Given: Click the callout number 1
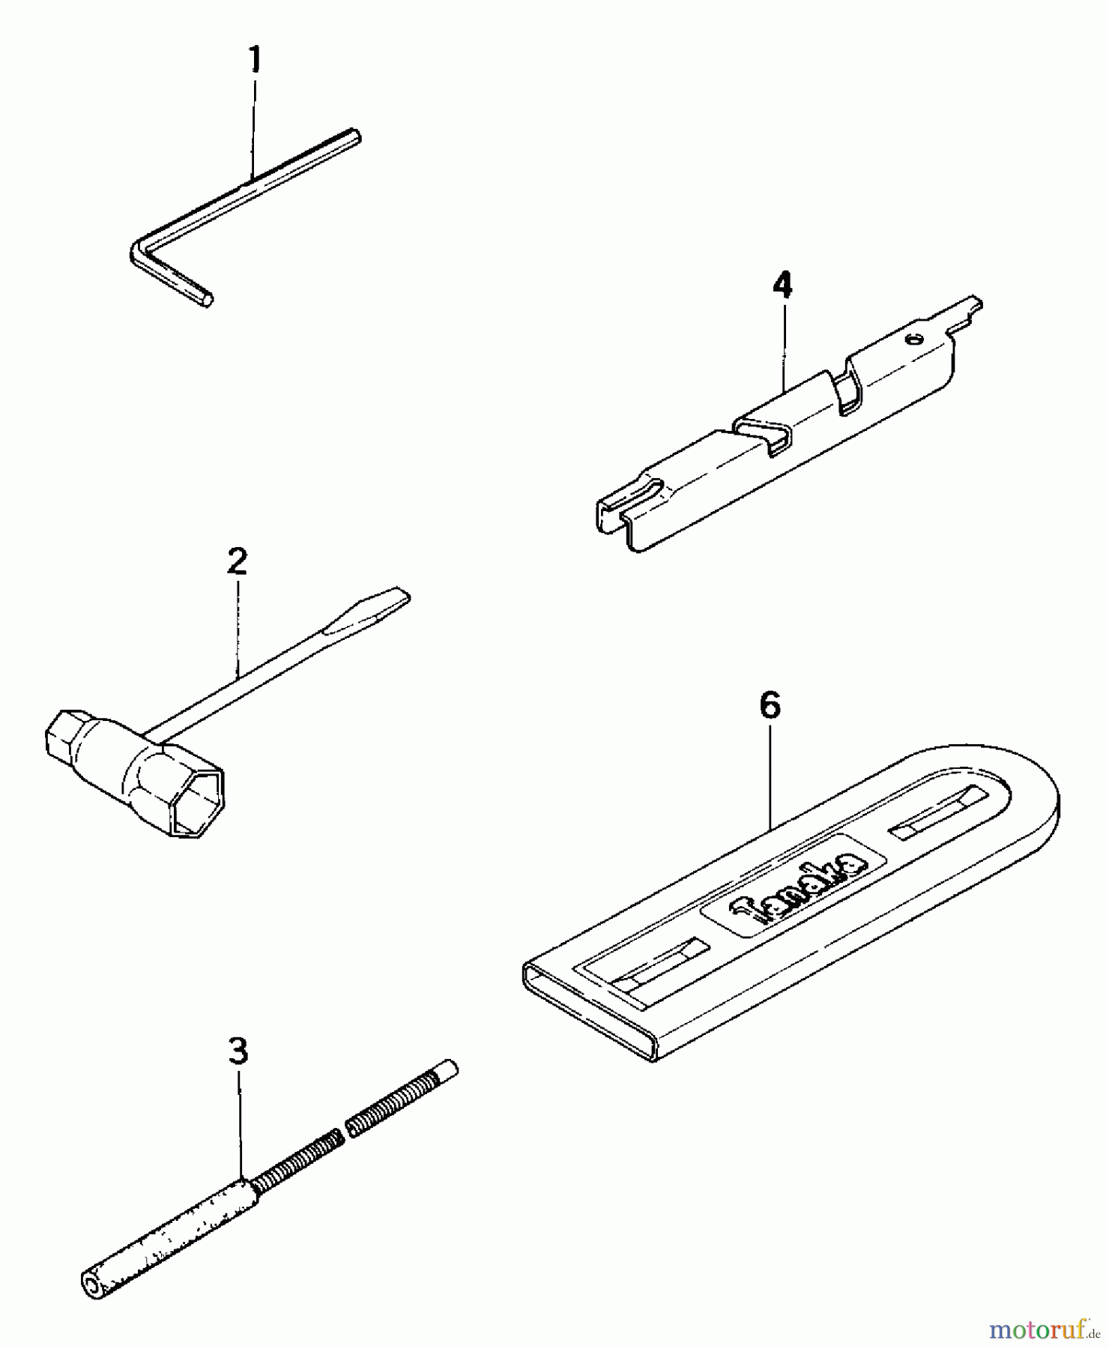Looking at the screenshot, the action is [256, 60].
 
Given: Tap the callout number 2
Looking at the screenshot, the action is [237, 561].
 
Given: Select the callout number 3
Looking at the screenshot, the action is [238, 1051].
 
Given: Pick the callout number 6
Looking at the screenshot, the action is [770, 705].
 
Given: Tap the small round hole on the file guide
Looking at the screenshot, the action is [912, 339].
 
